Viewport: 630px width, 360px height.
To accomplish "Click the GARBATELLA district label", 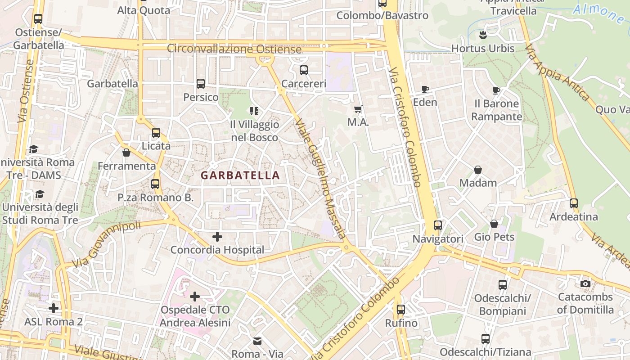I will point(240,175).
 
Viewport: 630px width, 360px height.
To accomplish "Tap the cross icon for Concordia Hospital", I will point(217,237).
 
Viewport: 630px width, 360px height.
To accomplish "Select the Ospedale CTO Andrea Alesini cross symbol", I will point(195,297).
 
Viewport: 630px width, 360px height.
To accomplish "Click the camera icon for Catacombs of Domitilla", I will point(585,283).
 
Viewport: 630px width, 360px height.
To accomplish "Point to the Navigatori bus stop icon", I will point(438,225).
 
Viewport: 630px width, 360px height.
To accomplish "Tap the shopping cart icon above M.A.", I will point(358,109).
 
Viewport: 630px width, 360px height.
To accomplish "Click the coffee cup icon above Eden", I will point(425,89).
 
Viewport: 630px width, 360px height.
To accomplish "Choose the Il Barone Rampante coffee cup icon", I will point(496,90).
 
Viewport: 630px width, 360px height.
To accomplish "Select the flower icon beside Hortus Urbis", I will point(483,35).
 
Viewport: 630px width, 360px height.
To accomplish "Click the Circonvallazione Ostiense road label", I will point(234,49).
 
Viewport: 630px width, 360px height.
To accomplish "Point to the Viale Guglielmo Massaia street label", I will point(320,179).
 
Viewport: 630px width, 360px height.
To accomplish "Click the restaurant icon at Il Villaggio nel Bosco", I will point(254,111).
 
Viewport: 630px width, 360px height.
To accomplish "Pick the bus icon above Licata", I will point(156,133).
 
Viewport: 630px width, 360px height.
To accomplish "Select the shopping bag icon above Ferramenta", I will point(126,153).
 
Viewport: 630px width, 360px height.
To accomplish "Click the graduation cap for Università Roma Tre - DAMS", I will point(33,149).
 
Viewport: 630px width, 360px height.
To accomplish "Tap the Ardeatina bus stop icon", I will point(574,203).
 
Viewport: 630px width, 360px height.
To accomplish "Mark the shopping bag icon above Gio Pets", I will point(494,224).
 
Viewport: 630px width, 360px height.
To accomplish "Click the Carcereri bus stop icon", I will point(304,70).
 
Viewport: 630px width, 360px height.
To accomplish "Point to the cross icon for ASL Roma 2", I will point(54,308).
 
